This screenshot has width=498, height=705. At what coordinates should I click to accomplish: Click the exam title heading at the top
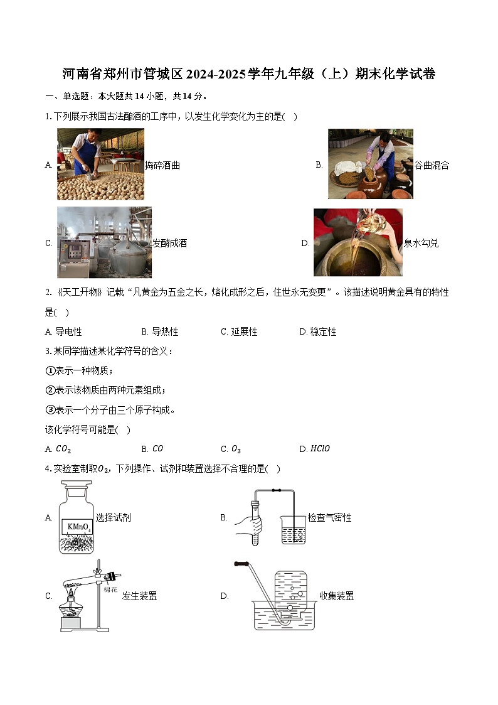pos(249,74)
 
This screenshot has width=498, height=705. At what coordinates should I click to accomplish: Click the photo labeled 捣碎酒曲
pos(100,164)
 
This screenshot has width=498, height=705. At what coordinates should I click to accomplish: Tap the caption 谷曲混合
pos(432,165)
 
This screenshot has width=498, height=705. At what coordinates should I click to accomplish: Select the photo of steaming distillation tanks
pos(104,242)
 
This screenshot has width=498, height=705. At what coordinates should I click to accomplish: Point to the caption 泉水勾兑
pos(421,244)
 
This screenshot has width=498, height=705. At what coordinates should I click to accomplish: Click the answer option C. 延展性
pos(239,331)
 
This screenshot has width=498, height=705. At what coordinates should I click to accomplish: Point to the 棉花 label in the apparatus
pos(110,589)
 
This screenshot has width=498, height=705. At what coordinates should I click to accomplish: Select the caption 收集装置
pos(336,596)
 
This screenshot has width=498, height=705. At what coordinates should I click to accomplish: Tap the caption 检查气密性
pos(329,518)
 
